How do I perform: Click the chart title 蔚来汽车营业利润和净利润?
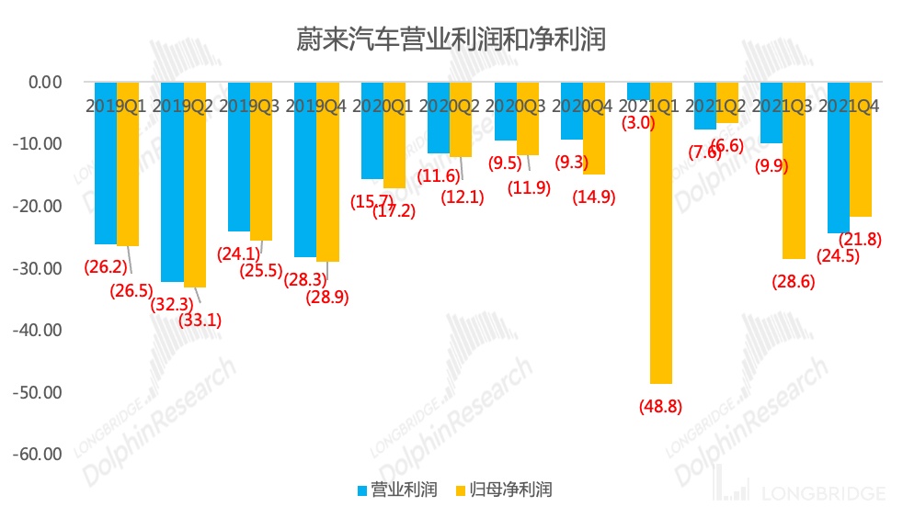pyautogui.click(x=451, y=39)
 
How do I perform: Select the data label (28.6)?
pyautogui.click(x=793, y=281)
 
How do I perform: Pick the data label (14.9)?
pyautogui.click(x=594, y=197)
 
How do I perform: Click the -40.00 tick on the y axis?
pyautogui.click(x=36, y=330)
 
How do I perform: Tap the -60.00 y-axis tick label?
pyautogui.click(x=36, y=455)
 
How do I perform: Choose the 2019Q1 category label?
pyautogui.click(x=116, y=107)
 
